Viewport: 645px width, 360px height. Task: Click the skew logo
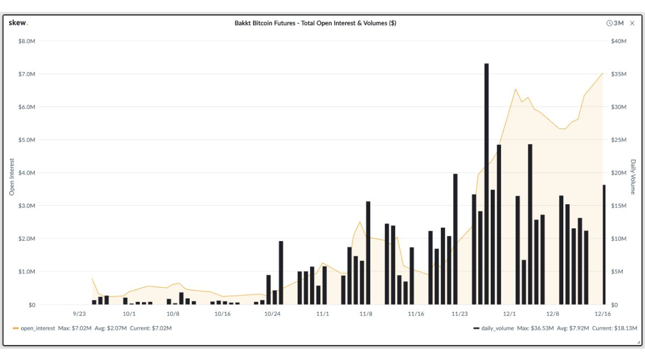(18, 23)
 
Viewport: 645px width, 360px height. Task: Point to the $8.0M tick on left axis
(26, 41)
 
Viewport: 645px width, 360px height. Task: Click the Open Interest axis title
(12, 176)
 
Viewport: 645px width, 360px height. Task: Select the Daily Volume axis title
(633, 176)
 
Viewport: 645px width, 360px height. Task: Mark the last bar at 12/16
(604, 244)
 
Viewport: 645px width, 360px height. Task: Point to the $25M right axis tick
(619, 140)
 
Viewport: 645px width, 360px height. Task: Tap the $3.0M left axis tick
(26, 206)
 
